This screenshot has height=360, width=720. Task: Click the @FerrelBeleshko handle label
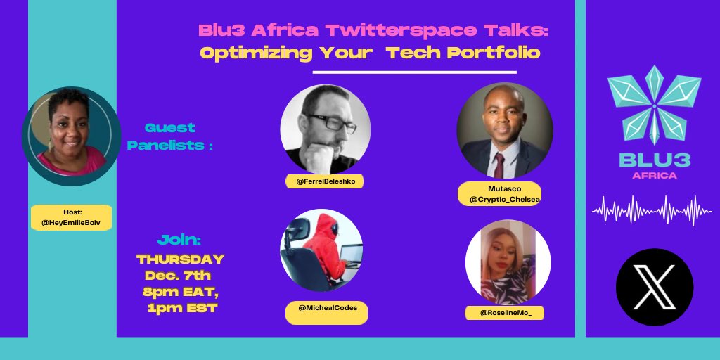324,181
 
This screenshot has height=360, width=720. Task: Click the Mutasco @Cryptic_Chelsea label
499,194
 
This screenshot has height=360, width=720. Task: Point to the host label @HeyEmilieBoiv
71,217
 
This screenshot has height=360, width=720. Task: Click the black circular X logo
654,287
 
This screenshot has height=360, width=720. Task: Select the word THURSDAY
180,259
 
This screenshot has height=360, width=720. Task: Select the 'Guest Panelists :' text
170,136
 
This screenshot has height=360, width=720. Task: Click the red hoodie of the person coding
324,246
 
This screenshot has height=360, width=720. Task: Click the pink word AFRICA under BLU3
651,175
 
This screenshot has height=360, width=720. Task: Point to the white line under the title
414,72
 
